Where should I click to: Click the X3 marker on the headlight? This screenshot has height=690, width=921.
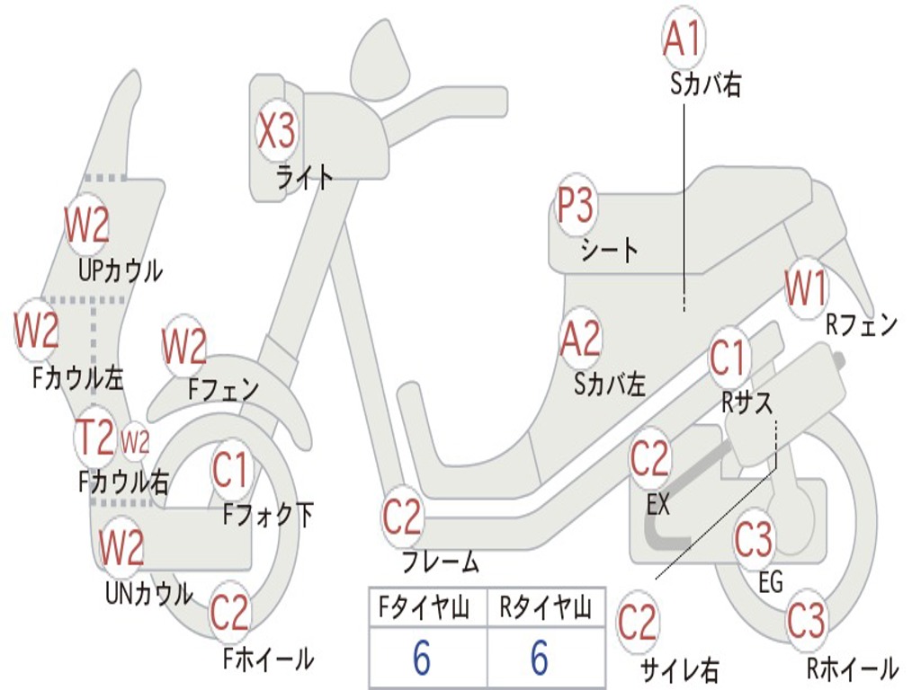pyautogui.click(x=277, y=130)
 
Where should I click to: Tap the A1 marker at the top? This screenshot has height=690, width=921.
pyautogui.click(x=684, y=38)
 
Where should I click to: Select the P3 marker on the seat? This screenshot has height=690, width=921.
pyautogui.click(x=576, y=205)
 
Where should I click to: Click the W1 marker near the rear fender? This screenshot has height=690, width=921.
pyautogui.click(x=806, y=288)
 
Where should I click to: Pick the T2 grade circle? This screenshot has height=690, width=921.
pyautogui.click(x=95, y=438)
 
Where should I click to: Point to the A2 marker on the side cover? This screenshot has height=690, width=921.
pyautogui.click(x=581, y=339)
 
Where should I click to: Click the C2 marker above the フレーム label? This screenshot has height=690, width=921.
pyautogui.click(x=402, y=517)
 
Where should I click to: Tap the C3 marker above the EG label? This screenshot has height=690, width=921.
pyautogui.click(x=754, y=539)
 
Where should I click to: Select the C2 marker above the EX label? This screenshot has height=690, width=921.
pyautogui.click(x=649, y=458)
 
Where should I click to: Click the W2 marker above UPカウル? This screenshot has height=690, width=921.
pyautogui.click(x=87, y=224)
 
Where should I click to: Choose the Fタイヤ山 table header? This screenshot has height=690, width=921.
pyautogui.click(x=424, y=607)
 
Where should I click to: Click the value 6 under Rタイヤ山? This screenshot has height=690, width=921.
pyautogui.click(x=540, y=657)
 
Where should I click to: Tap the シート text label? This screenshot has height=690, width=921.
pyautogui.click(x=610, y=250)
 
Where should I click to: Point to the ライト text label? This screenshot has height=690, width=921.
pyautogui.click(x=305, y=177)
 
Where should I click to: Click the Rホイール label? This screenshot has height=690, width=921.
pyautogui.click(x=853, y=668)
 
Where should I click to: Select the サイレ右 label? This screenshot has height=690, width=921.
pyautogui.click(x=679, y=669)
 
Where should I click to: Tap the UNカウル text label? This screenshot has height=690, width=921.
pyautogui.click(x=149, y=593)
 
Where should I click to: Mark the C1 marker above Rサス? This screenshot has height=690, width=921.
pyautogui.click(x=729, y=358)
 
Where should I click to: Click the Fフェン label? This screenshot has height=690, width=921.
pyautogui.click(x=223, y=388)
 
